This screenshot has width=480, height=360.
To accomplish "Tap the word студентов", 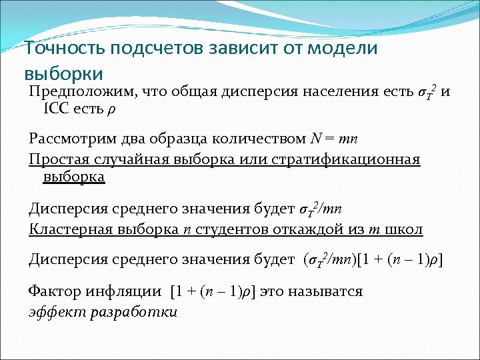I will point(230,229).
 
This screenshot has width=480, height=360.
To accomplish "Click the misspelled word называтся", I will point(328,291).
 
